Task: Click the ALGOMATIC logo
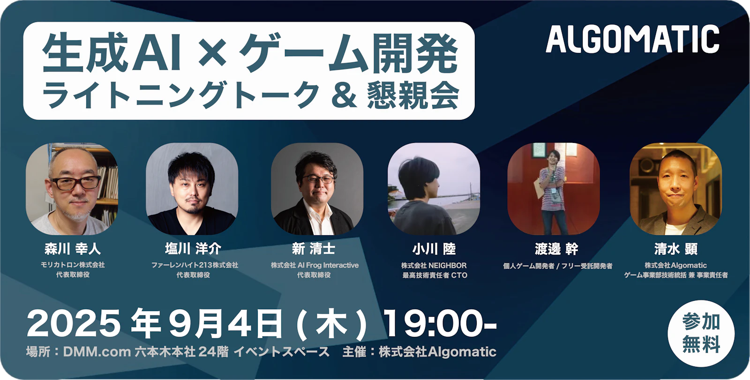tap(632, 39)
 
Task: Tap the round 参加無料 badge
tap(701, 333)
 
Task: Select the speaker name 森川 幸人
tap(73, 249)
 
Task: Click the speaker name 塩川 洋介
tap(193, 249)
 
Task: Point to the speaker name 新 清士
tap(314, 249)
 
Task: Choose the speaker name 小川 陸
tap(434, 249)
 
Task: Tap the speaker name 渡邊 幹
tap(556, 249)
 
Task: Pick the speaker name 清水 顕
tap(676, 249)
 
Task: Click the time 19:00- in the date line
tap(440, 323)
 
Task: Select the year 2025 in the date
tap(73, 323)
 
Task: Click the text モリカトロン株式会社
tap(73, 265)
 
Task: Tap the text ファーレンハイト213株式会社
tap(195, 265)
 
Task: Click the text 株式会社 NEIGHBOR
tap(434, 266)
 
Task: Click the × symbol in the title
tap(212, 53)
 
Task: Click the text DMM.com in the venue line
tap(97, 352)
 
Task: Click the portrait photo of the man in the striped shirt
tap(554, 189)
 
